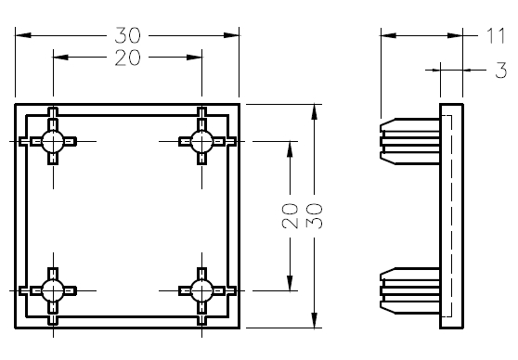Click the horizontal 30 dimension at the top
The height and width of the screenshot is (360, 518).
coord(127,35)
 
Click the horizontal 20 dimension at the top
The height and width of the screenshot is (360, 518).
coord(127,58)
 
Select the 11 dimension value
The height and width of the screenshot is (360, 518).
coord(497,35)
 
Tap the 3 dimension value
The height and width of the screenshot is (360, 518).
coord(500,70)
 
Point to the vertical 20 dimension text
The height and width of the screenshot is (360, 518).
coord(290,216)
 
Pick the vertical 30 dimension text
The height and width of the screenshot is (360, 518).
coord(314,216)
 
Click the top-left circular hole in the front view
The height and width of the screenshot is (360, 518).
coord(53,141)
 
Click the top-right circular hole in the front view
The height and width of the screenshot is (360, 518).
coord(201,141)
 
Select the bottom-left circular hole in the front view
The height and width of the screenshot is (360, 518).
coord(53,290)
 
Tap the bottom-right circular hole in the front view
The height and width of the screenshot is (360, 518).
coord(201,290)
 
